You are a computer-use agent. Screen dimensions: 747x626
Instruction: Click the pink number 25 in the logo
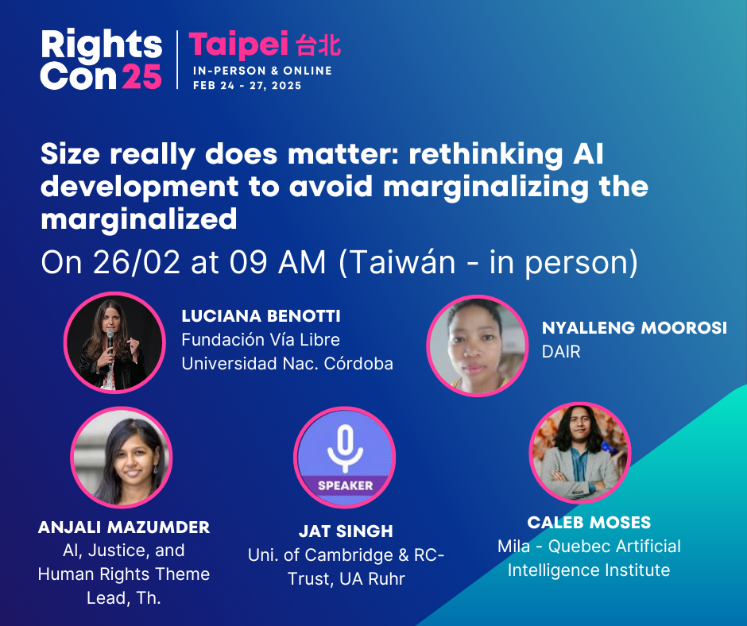click(142, 76)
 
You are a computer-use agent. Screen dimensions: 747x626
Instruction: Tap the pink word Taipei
click(238, 45)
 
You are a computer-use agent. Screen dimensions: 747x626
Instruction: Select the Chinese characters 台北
click(318, 45)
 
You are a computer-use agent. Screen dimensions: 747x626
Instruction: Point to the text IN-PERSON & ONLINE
click(262, 71)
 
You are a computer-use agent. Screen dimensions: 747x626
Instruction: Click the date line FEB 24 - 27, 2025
click(247, 86)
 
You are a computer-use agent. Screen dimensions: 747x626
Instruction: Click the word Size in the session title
click(71, 154)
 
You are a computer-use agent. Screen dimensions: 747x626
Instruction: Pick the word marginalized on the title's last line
click(138, 219)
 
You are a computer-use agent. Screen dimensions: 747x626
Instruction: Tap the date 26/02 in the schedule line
click(137, 262)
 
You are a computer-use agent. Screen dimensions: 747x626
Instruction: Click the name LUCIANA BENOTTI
click(261, 316)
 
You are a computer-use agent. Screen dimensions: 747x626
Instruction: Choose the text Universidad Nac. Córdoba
click(287, 364)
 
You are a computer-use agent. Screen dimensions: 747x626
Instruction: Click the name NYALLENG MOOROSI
click(635, 328)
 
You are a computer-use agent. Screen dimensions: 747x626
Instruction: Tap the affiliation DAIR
click(561, 352)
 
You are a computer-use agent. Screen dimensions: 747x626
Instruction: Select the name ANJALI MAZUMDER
click(124, 527)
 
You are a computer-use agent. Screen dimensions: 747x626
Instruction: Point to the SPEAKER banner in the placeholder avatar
click(345, 485)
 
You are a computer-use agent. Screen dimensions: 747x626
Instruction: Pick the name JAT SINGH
click(346, 531)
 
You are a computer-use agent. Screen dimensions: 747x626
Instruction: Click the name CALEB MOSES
click(589, 523)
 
